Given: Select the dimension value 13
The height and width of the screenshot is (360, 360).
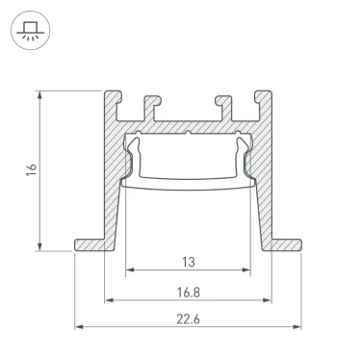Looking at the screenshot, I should pyautogui.click(x=187, y=260).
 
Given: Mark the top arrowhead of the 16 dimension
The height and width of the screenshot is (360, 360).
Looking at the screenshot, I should pyautogui.click(x=41, y=94).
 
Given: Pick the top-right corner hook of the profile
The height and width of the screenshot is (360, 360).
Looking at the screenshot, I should pyautogui.click(x=260, y=98).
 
